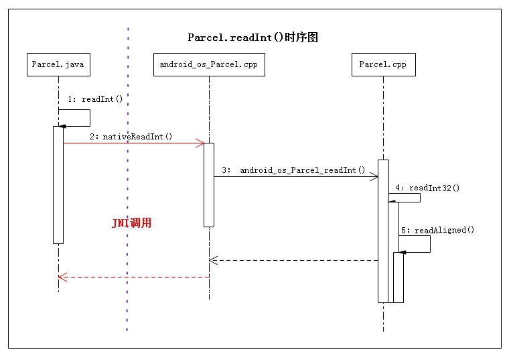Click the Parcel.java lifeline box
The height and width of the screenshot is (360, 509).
point(58,64)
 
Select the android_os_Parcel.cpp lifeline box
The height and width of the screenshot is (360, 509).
point(208,64)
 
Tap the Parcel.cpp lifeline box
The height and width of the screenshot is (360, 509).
point(383,64)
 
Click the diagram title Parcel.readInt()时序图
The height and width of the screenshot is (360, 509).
point(252,38)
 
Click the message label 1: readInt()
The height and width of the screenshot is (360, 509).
point(95,99)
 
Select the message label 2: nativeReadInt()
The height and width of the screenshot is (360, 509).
point(131,137)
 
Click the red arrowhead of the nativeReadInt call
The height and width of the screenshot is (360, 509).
point(200,143)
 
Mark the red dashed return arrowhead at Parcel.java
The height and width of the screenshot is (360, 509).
point(62,277)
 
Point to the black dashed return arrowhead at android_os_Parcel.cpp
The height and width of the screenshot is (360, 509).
point(212,260)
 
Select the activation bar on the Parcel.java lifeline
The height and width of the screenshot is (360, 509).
point(58,184)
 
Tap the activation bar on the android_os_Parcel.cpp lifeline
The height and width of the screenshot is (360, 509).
point(208,184)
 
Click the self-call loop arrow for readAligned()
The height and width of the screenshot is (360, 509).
point(429,245)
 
